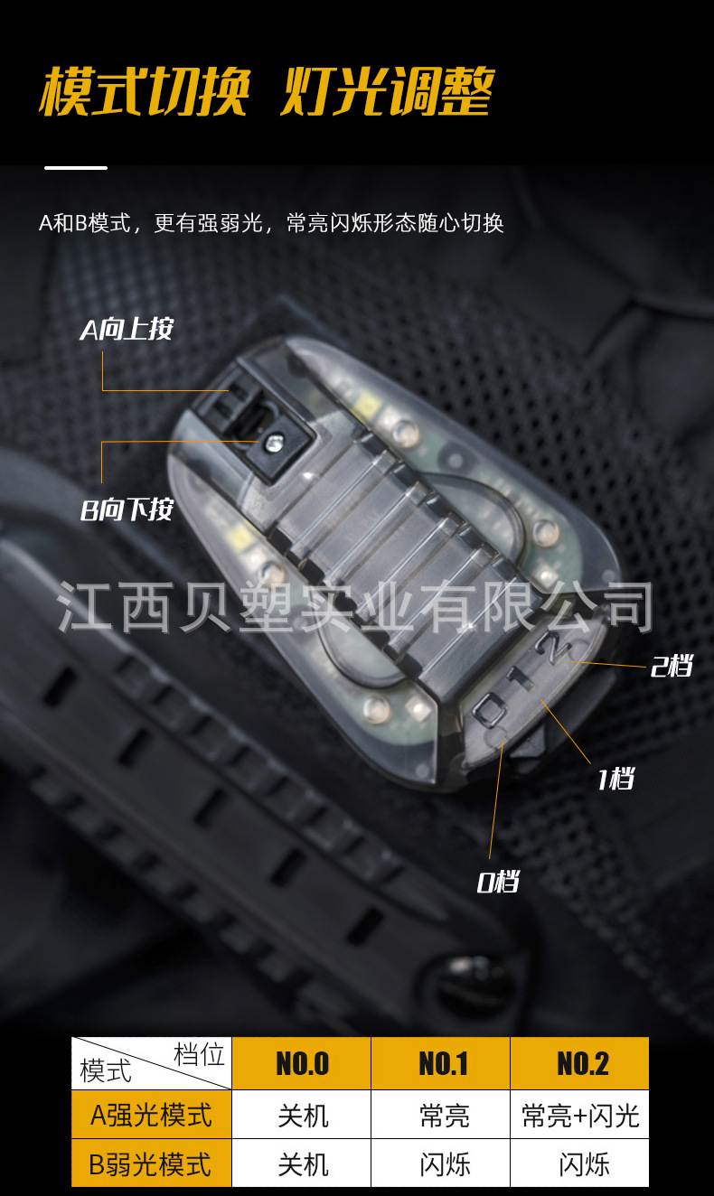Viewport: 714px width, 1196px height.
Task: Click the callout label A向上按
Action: (126, 330)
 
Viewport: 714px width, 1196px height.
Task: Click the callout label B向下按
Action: (126, 510)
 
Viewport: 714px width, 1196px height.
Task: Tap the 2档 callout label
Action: (671, 668)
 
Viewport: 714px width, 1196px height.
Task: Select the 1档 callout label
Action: (615, 778)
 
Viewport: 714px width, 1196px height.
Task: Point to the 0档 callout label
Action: (498, 882)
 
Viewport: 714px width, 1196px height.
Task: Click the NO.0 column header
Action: (302, 1063)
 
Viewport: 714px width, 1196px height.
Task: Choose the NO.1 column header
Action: (442, 1063)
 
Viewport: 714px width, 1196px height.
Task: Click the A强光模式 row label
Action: (152, 1115)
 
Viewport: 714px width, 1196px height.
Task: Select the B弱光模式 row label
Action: (152, 1163)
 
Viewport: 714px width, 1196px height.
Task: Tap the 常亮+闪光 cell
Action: (580, 1116)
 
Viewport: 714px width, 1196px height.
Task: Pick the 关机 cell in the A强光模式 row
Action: (302, 1116)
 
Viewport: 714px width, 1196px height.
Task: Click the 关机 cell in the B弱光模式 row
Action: (302, 1163)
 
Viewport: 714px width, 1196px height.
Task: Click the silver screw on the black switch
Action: (272, 442)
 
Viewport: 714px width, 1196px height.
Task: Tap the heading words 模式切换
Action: (143, 91)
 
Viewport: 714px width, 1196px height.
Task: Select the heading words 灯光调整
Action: (386, 91)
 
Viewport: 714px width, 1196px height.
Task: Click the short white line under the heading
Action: (76, 167)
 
